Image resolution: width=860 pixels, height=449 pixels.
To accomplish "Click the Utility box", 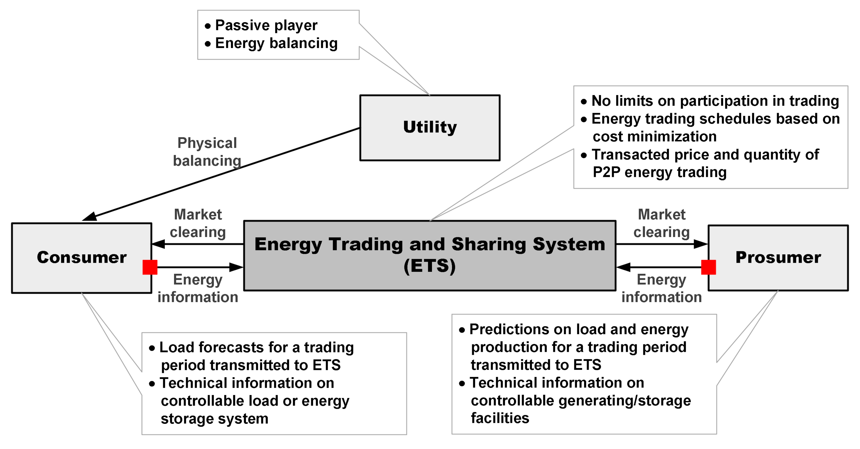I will [x=430, y=128].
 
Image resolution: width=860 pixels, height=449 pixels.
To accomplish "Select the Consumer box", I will [x=81, y=257].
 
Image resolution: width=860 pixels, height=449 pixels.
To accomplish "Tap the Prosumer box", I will [x=778, y=257].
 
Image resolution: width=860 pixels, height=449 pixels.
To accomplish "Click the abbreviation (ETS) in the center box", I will [x=430, y=266].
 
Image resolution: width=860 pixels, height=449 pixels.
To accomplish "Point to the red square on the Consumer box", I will [x=150, y=267].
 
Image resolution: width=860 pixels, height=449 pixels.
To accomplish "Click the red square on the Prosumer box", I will [x=708, y=267].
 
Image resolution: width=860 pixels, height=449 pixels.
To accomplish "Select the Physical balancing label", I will [x=207, y=152].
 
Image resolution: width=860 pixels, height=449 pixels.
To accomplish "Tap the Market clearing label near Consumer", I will [x=198, y=223].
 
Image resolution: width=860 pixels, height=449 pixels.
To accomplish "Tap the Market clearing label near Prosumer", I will [x=661, y=223].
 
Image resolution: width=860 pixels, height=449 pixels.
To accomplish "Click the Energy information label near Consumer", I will [x=198, y=288].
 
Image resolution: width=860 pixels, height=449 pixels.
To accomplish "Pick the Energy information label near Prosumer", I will [x=661, y=288].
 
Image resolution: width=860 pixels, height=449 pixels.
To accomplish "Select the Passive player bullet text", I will [x=266, y=25].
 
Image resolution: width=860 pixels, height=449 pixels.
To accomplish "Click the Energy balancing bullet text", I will [x=276, y=43].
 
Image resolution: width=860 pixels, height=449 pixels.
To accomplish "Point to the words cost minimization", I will [x=654, y=136].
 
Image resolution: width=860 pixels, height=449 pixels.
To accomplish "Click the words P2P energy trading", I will [x=659, y=172].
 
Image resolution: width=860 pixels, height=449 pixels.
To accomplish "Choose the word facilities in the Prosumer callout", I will [x=500, y=418].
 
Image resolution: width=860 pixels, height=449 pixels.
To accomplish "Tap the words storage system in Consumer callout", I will [x=214, y=419].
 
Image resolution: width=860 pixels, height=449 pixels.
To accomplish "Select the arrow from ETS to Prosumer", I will [x=661, y=244].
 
